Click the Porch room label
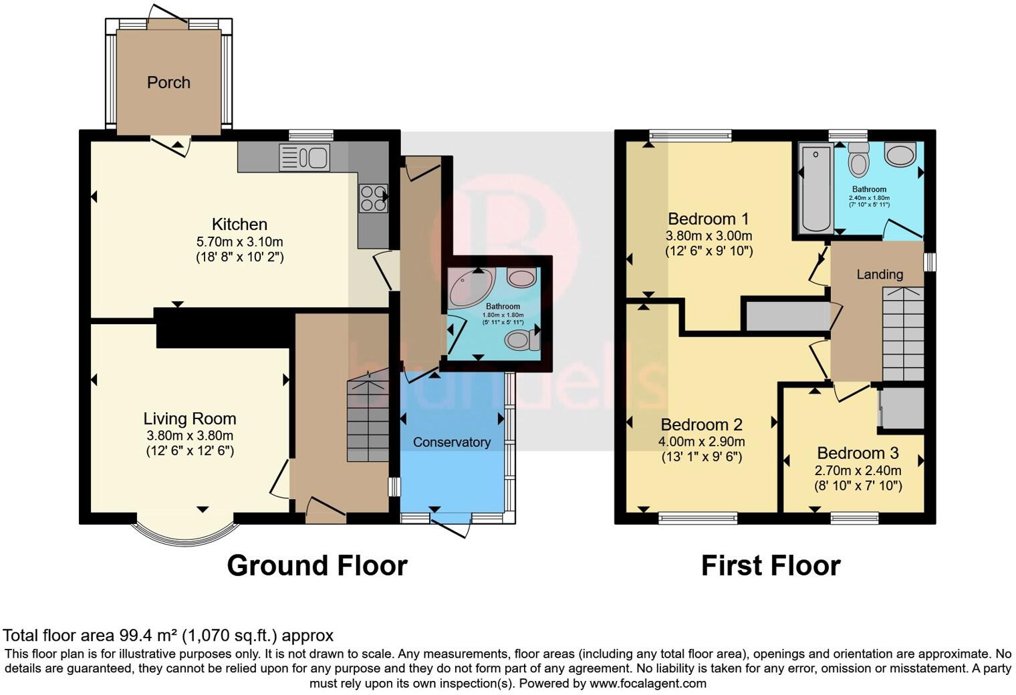coord(168,82)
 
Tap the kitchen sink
coord(305,158)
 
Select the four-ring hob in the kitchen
coord(374,198)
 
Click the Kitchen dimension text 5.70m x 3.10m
coord(239,241)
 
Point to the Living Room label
coord(190,419)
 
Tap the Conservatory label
coord(451,442)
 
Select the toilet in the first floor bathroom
coord(858,160)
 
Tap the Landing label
coord(880,274)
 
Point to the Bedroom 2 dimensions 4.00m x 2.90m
coord(701,442)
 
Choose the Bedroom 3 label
coord(858,453)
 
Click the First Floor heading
coord(770,566)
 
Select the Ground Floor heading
coord(317,566)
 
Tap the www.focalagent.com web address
coord(647,683)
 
